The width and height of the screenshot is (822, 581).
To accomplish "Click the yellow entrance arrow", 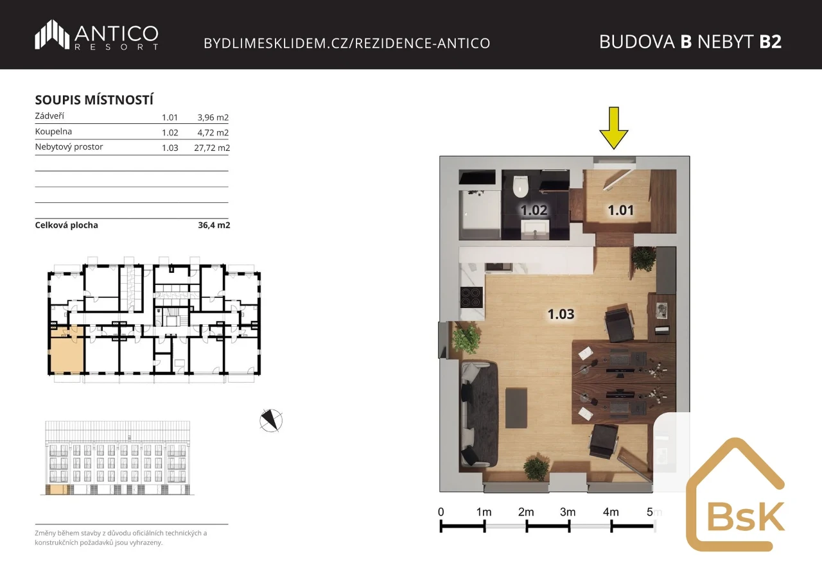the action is point(613,128).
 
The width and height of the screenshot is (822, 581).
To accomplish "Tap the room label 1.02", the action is point(534,210).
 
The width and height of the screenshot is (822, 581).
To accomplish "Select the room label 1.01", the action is point(620,210).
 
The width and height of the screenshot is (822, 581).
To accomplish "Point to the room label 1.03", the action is point(561,314).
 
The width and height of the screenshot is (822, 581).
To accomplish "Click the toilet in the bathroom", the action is point(520,186).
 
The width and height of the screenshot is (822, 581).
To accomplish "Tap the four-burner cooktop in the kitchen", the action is point(471,297).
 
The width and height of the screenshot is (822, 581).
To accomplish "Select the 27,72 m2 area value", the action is point(212,148).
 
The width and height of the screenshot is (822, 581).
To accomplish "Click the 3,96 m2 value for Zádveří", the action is point(213,117).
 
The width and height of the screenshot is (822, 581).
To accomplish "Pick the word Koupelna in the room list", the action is point(53,132).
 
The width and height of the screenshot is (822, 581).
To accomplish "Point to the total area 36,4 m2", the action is point(214,225).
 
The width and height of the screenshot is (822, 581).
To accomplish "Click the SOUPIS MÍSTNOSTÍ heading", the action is point(94,100).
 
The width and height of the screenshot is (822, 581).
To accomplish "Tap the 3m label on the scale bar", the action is point(567,512).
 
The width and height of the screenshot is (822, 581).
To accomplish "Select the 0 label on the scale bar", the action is point(441,512).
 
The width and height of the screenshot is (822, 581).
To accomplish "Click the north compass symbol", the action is point(271,421).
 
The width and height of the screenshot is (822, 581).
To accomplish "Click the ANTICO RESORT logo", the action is point(96,35).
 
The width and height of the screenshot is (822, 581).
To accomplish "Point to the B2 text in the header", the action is point(770,42).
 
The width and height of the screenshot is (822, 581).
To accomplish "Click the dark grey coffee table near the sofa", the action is point(516,408).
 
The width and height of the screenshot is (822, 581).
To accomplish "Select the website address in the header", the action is point(347,43).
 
